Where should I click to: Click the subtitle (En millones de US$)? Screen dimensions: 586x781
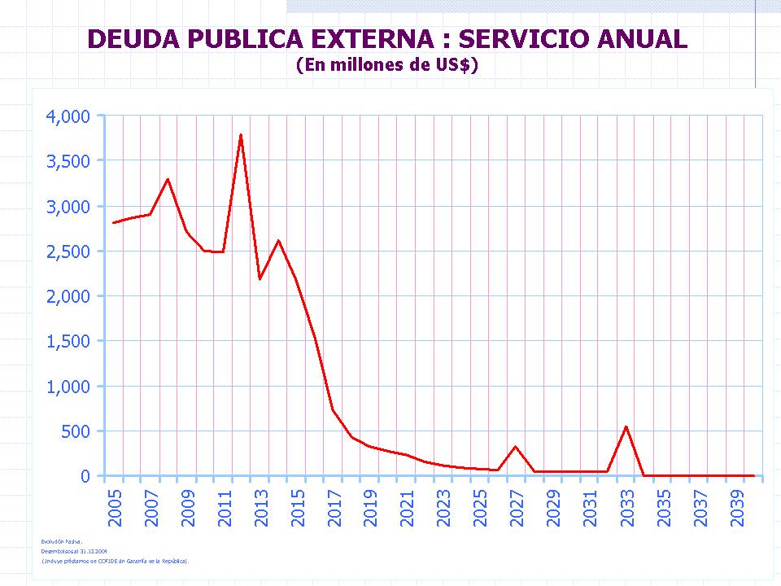pyautogui.click(x=386, y=65)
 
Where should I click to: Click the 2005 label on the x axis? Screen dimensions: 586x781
pyautogui.click(x=115, y=504)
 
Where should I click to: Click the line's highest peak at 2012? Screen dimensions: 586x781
pyautogui.click(x=242, y=135)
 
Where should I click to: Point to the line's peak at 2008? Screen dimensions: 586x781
pyautogui.click(x=168, y=179)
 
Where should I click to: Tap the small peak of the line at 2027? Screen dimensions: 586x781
pyautogui.click(x=516, y=447)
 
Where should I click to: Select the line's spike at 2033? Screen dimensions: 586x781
pyautogui.click(x=626, y=426)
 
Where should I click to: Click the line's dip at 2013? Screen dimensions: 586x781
pyautogui.click(x=260, y=279)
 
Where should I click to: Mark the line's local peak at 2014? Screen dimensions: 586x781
pyautogui.click(x=278, y=240)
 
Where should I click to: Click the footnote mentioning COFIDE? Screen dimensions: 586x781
pyautogui.click(x=115, y=561)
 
